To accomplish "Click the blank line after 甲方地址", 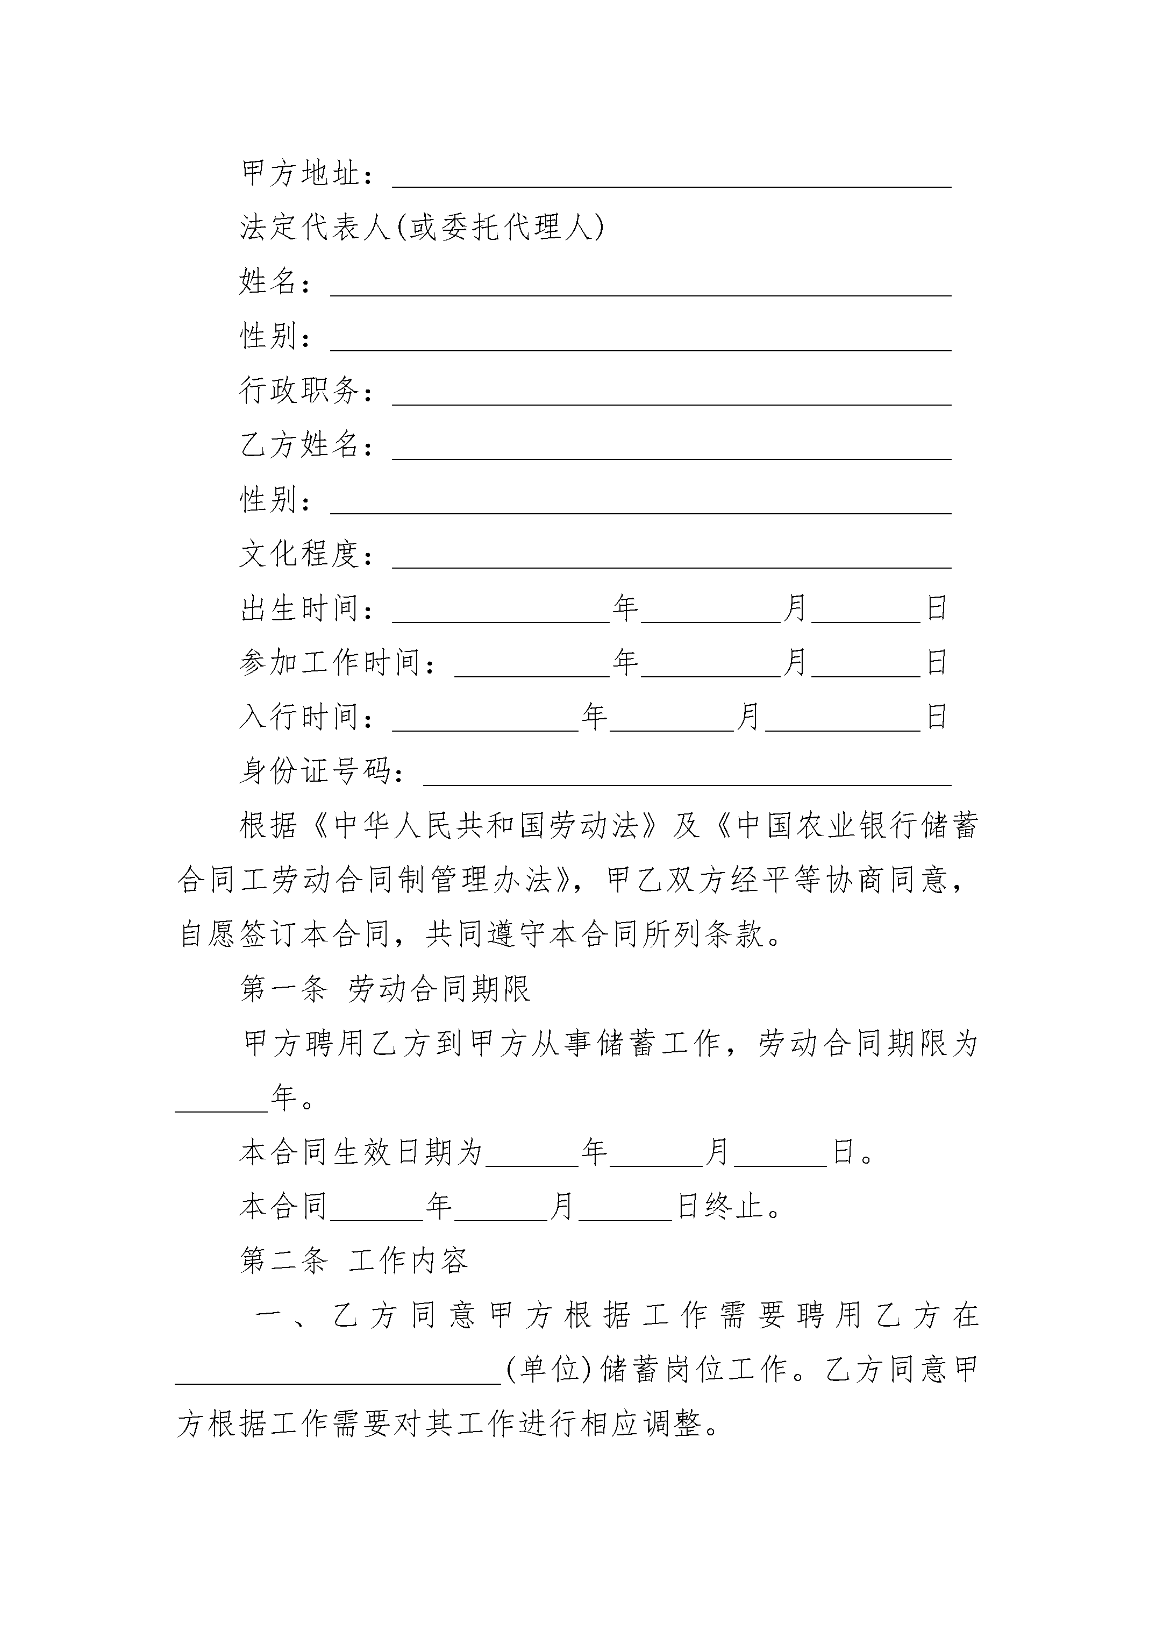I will (671, 178).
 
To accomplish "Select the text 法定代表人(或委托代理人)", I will (422, 228).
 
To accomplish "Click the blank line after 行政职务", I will (671, 396).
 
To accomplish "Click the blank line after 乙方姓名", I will (671, 451).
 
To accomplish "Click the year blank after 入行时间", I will (485, 723).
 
